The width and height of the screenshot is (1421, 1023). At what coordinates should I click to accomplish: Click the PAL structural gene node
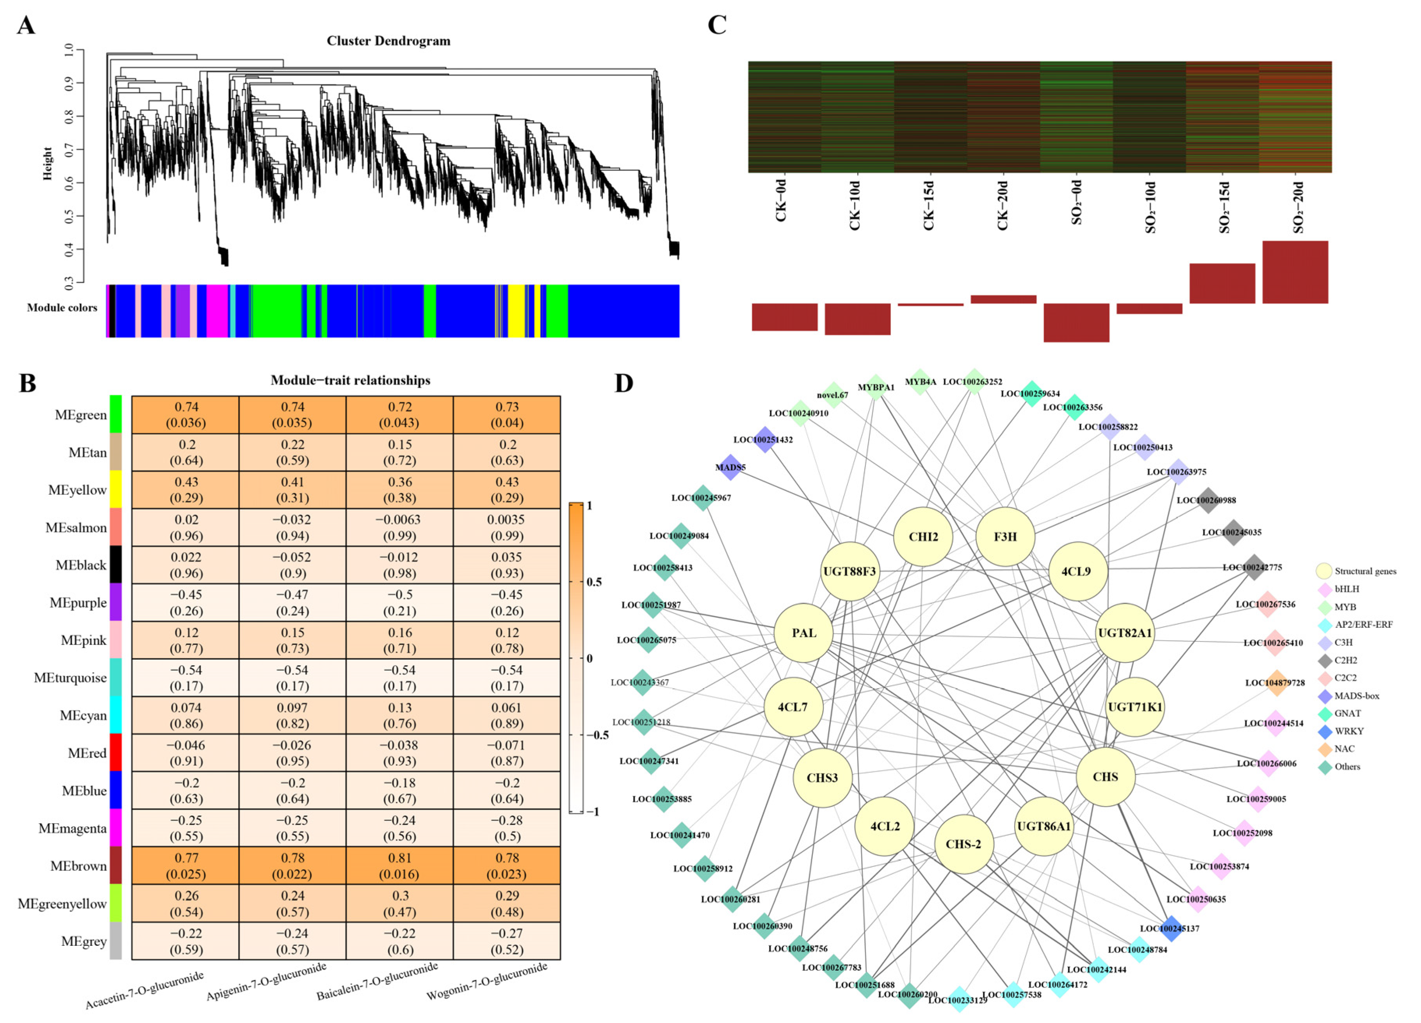coord(803,633)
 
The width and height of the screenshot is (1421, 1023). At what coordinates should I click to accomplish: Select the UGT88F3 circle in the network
coord(849,571)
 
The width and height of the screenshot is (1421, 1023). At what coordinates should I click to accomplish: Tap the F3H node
coord(1005,536)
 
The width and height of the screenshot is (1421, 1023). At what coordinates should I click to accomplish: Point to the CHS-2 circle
coord(963,844)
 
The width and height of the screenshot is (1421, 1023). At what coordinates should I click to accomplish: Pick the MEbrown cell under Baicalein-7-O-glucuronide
coord(400,865)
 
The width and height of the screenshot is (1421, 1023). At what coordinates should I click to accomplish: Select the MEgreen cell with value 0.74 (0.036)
coord(186,414)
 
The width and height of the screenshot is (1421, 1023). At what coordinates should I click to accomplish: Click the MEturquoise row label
coord(70,678)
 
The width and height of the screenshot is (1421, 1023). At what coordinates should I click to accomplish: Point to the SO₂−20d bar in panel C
coord(1295,272)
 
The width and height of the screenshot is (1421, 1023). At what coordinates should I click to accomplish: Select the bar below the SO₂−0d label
coord(1076,322)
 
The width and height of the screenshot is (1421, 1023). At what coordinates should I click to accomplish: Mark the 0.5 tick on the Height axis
coord(69,216)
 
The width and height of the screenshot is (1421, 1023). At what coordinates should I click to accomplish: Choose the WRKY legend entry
coord(1348,731)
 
